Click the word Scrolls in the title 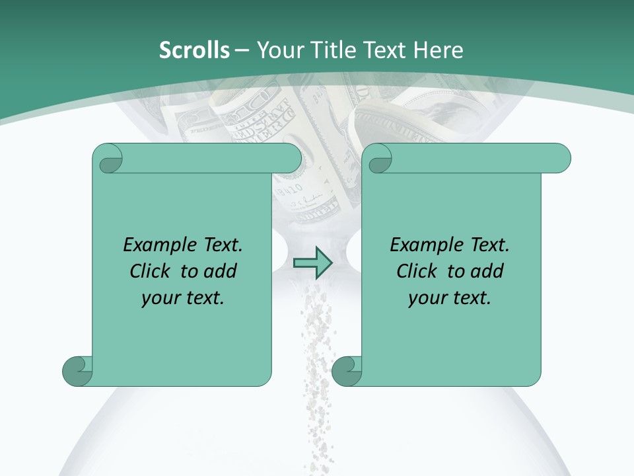(194, 50)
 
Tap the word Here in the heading (439, 50)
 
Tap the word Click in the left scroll (151, 271)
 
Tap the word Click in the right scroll (418, 271)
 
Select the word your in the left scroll (158, 298)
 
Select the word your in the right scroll (425, 298)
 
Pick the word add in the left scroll (220, 271)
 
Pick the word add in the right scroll (487, 271)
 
